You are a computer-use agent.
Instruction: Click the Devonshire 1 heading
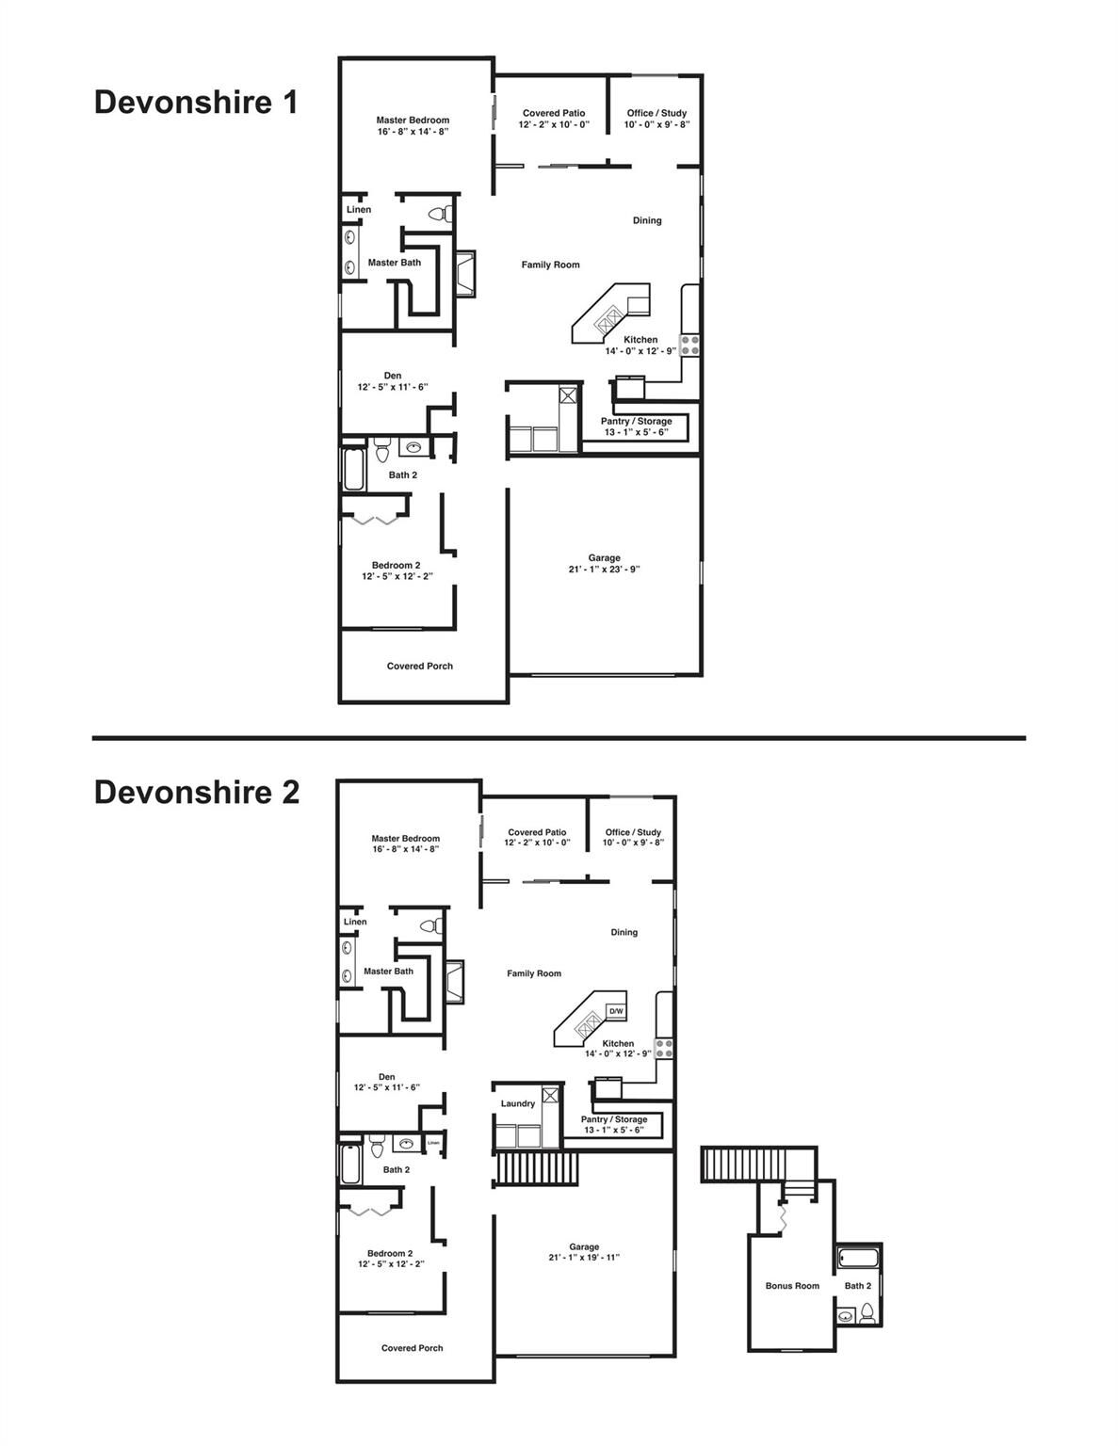pyautogui.click(x=196, y=102)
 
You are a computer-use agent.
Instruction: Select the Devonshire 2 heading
pyautogui.click(x=197, y=793)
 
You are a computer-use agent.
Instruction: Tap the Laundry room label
pyautogui.click(x=518, y=1103)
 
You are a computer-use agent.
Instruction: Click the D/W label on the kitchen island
pyautogui.click(x=616, y=1011)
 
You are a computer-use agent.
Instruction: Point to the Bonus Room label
pyautogui.click(x=792, y=1286)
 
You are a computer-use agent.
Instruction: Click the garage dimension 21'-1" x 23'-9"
pyautogui.click(x=605, y=570)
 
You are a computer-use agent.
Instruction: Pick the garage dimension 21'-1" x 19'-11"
pyautogui.click(x=584, y=1258)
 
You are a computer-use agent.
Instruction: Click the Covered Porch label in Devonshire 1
pyautogui.click(x=420, y=667)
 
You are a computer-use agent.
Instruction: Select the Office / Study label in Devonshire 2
pyautogui.click(x=633, y=832)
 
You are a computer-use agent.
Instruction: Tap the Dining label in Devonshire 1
pyautogui.click(x=647, y=220)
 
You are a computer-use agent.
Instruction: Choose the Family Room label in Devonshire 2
pyautogui.click(x=534, y=973)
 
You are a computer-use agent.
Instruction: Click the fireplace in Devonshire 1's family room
pyautogui.click(x=464, y=274)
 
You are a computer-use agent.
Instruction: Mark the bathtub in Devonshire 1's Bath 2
pyautogui.click(x=354, y=469)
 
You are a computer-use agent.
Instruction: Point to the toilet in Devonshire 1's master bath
pyautogui.click(x=438, y=214)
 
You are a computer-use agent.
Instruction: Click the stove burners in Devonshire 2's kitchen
pyautogui.click(x=664, y=1048)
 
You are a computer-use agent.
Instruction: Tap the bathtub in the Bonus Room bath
pyautogui.click(x=856, y=1258)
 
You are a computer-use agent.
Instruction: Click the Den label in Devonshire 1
pyautogui.click(x=393, y=376)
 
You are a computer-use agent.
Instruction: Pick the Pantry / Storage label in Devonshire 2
pyautogui.click(x=614, y=1119)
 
